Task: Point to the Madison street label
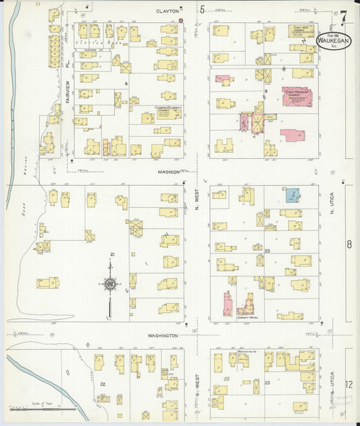pos(169,172)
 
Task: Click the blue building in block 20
pos(291,195)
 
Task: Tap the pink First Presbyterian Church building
pos(297,96)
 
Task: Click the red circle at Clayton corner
pos(181,21)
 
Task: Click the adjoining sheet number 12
pos(349,384)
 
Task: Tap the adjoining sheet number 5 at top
pos(202,9)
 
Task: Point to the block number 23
pos(267,383)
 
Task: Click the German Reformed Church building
pos(165,112)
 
